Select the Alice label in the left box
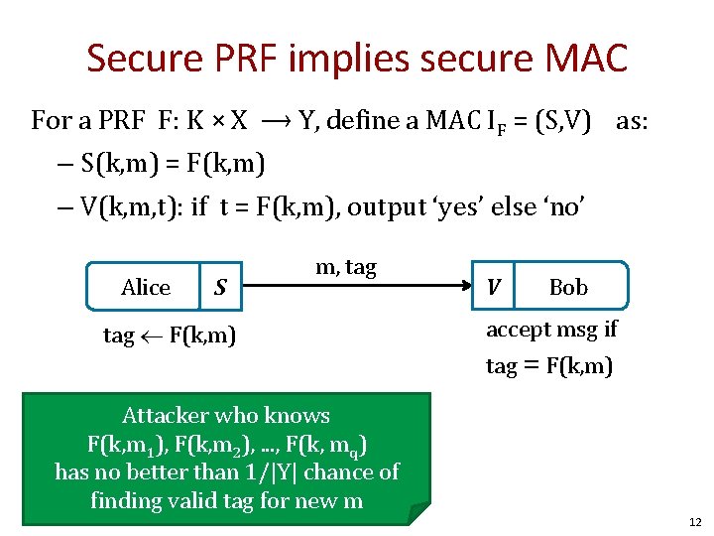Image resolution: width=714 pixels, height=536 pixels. pos(146,288)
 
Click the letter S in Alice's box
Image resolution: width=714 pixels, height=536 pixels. pos(220,288)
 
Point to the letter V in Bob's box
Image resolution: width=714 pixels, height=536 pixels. pos(494,287)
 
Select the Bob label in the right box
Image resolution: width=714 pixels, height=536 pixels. pos(568,288)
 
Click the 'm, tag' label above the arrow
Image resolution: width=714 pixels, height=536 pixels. pos(345,266)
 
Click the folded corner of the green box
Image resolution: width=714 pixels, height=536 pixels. pos(420,512)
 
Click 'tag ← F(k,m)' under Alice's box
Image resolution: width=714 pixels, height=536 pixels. pos(170,335)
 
